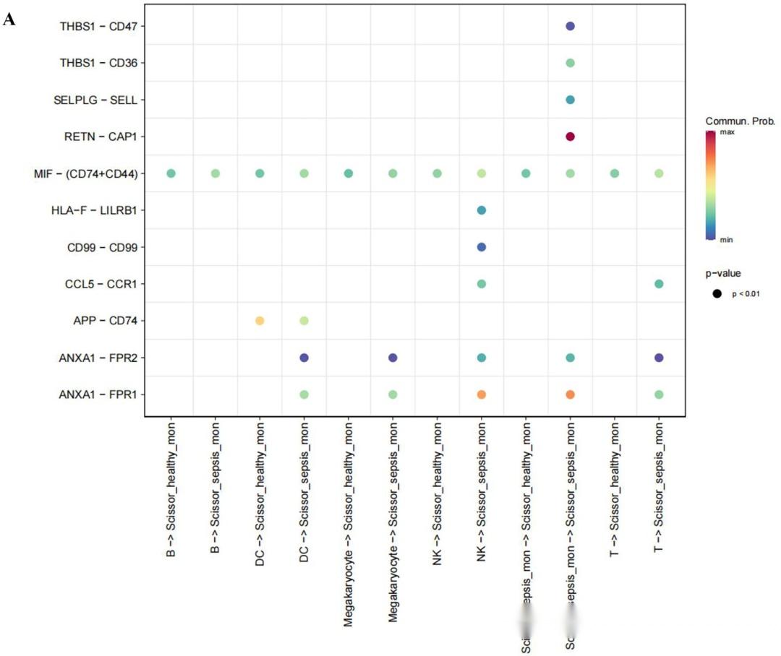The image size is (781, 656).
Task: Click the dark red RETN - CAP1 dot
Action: pyautogui.click(x=570, y=137)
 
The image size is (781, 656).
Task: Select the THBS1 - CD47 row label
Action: pyautogui.click(x=99, y=26)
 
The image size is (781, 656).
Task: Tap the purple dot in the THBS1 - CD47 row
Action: pyautogui.click(x=570, y=26)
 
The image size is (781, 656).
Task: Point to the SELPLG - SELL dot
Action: pyautogui.click(x=570, y=100)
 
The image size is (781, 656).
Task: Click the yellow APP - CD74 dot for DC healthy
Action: pyautogui.click(x=260, y=321)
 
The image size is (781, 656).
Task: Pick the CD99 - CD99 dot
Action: pyautogui.click(x=482, y=247)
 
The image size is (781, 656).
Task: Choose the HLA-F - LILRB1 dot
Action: pyautogui.click(x=482, y=210)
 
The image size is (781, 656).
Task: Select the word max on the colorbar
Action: pyautogui.click(x=747, y=132)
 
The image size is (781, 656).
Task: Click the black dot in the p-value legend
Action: pyautogui.click(x=718, y=293)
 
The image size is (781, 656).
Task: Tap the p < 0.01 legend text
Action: pyautogui.click(x=746, y=294)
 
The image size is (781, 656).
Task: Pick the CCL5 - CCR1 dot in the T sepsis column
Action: pyautogui.click(x=658, y=284)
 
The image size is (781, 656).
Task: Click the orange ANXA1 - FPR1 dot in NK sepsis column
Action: pyautogui.click(x=482, y=394)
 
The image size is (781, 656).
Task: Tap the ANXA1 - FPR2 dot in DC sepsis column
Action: pyautogui.click(x=304, y=358)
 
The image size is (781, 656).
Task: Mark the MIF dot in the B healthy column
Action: pyautogui.click(x=171, y=173)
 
